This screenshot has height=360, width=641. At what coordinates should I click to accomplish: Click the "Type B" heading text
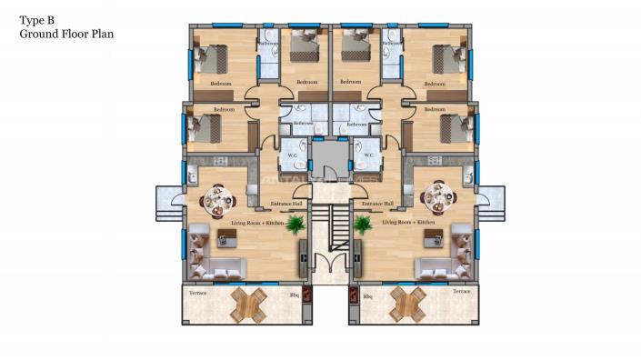click(x=38, y=18)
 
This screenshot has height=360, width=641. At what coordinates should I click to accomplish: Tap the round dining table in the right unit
click(x=438, y=196)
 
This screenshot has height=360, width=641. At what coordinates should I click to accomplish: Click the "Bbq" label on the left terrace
click(x=294, y=295)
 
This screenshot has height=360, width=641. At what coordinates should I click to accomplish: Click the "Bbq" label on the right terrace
click(x=367, y=295)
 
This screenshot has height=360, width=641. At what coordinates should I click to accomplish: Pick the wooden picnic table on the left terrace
click(x=248, y=304)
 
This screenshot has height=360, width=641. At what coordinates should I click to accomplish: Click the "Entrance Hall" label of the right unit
click(x=376, y=204)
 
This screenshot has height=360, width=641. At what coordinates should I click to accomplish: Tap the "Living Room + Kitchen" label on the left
click(x=233, y=222)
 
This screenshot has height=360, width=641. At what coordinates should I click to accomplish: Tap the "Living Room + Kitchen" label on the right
click(x=408, y=222)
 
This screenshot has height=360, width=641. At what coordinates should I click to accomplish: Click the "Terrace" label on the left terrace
click(x=197, y=292)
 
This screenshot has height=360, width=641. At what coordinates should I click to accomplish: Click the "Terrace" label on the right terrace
click(x=461, y=292)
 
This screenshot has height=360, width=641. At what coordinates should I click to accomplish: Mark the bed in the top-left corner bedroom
click(x=212, y=59)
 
